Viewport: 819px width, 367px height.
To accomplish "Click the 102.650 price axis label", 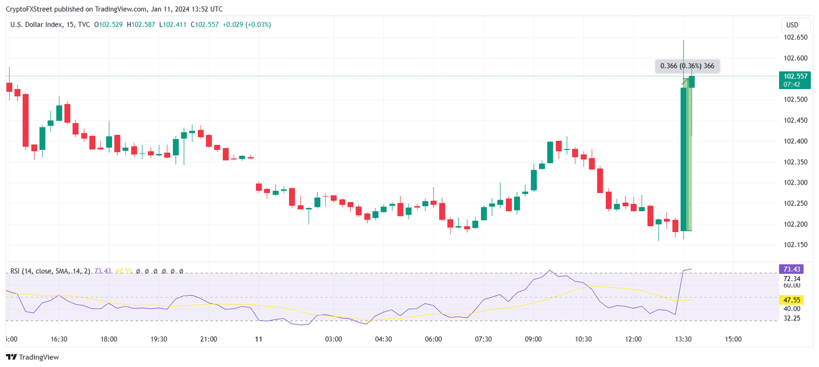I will tap(794, 37).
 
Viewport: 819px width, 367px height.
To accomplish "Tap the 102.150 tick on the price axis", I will tap(794, 245).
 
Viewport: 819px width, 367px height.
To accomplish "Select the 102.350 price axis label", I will tap(794, 162).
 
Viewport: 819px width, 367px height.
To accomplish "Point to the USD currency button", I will tap(792, 25).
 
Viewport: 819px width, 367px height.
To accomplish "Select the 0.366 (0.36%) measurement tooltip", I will tap(687, 66).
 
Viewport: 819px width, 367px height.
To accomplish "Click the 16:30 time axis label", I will tap(59, 339).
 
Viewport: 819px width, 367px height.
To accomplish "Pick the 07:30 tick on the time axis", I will tap(483, 339).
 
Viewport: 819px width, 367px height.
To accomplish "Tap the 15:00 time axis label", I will tap(733, 339).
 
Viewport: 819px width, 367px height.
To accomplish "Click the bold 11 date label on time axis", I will tap(259, 339).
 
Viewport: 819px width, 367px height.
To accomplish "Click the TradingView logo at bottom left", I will tap(33, 357).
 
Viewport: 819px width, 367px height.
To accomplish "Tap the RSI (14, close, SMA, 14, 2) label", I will tap(51, 272).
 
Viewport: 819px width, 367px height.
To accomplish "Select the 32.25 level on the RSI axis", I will tap(791, 318).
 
